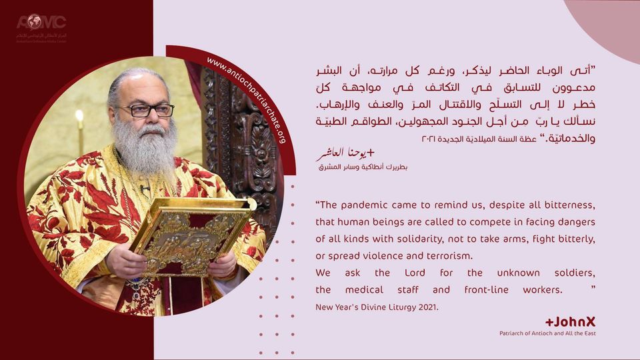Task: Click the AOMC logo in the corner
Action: tap(41, 25)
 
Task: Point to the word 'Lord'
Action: tap(415, 273)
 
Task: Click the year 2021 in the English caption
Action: tap(427, 307)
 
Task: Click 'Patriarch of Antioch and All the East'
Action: tap(547, 333)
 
